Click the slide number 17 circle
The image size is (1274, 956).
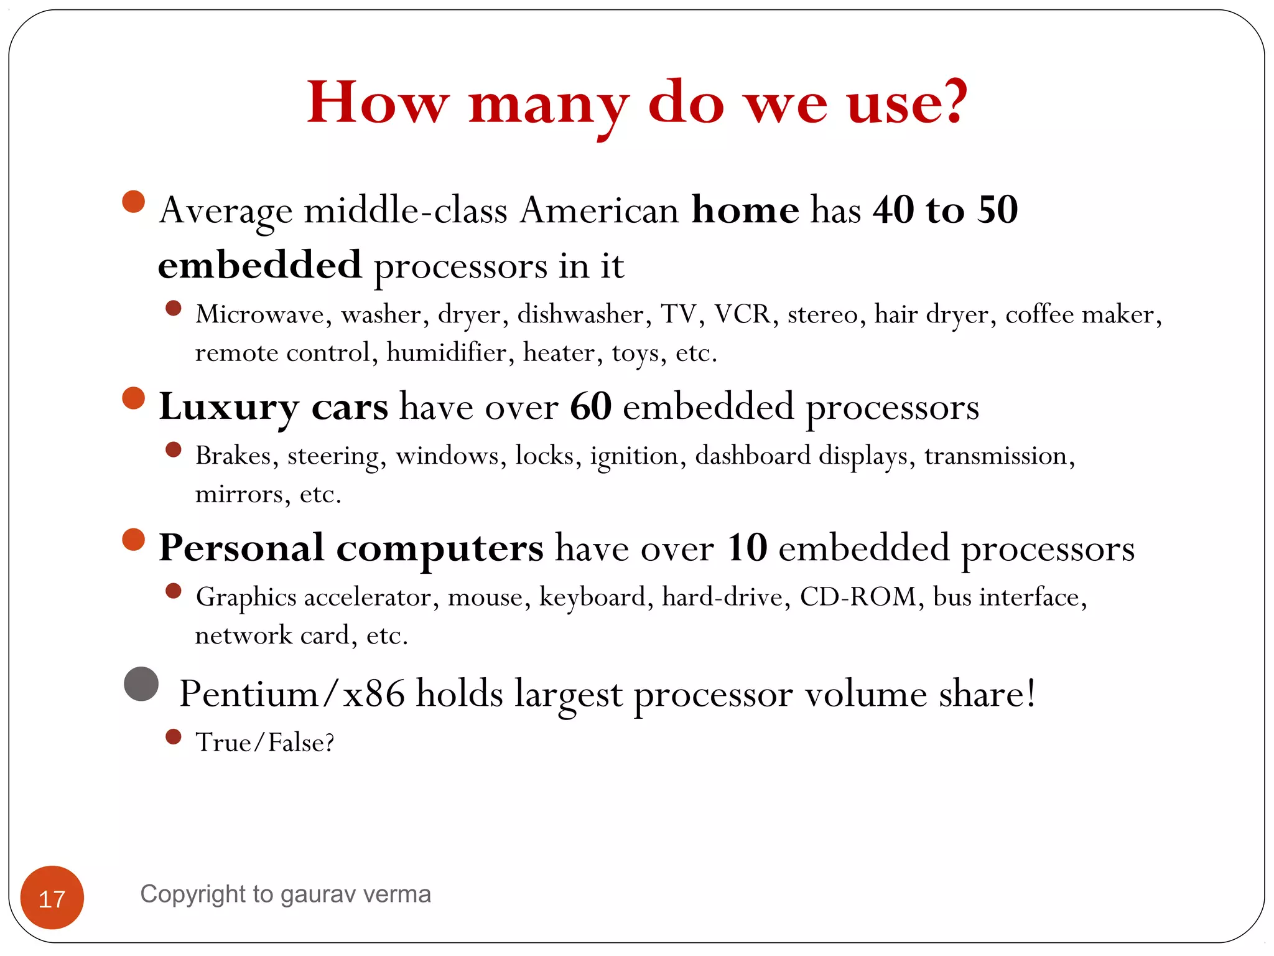52,897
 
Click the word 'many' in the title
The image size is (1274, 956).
547,105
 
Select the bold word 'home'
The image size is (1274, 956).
745,210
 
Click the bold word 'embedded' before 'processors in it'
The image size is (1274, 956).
259,265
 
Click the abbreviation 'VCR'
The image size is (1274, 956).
742,314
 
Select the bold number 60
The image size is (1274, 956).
590,406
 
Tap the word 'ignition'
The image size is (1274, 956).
633,456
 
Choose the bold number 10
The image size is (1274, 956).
746,548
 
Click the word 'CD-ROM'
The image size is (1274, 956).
858,596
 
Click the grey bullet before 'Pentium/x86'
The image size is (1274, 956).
141,684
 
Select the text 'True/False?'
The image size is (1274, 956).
264,742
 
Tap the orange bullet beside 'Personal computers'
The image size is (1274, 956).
134,539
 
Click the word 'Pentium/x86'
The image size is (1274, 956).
291,693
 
